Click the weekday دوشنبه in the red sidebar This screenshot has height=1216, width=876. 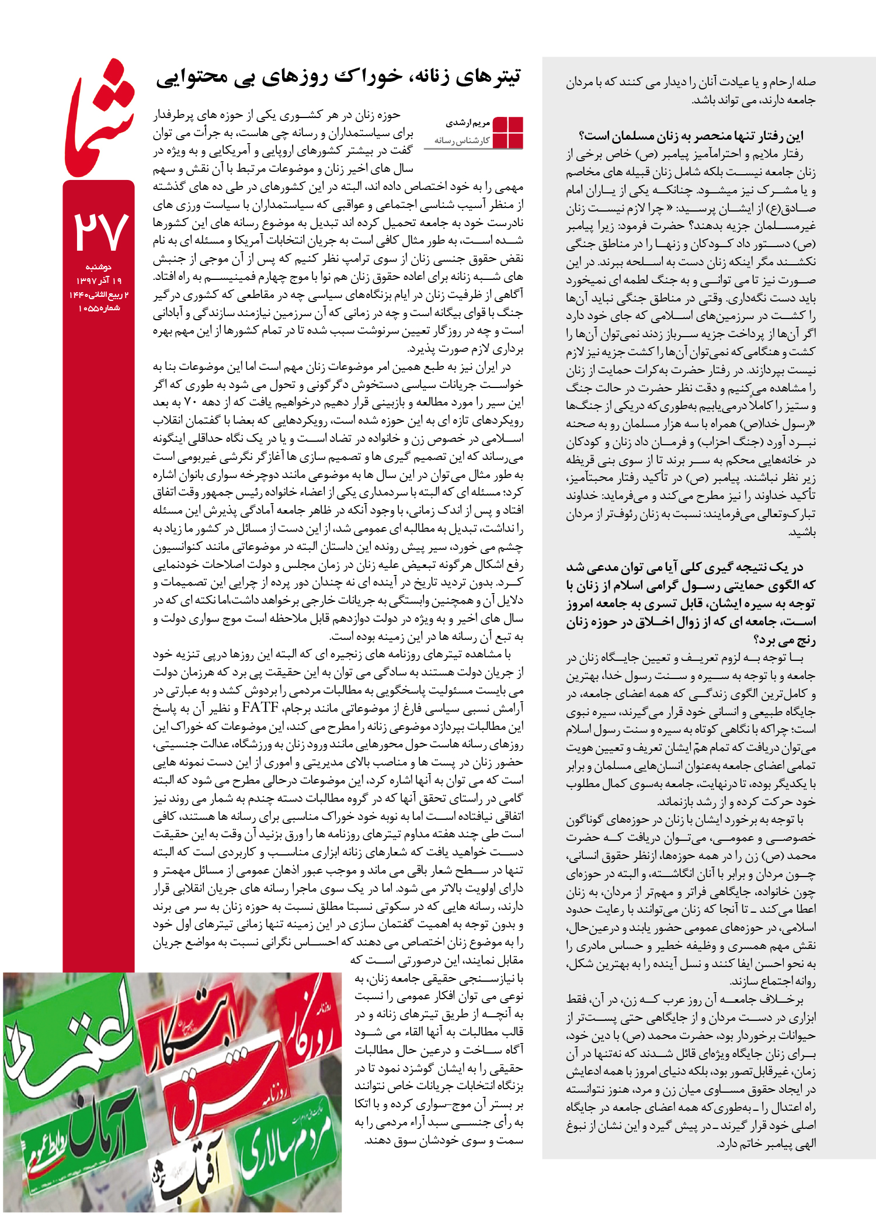coord(99,267)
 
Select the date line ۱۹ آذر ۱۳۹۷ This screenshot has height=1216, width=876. coord(99,281)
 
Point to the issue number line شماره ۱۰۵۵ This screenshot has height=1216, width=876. coord(99,309)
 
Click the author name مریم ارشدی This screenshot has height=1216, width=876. coord(468,123)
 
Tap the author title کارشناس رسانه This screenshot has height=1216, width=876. coord(462,141)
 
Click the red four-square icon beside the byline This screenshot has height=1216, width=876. coord(507,133)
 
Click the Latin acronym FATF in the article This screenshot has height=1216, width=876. coord(260,708)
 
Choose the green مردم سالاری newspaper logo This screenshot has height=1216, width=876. coord(289,1142)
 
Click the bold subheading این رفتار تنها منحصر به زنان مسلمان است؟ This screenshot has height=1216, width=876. coord(691,136)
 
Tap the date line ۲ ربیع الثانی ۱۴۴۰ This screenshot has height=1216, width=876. coord(99,295)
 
